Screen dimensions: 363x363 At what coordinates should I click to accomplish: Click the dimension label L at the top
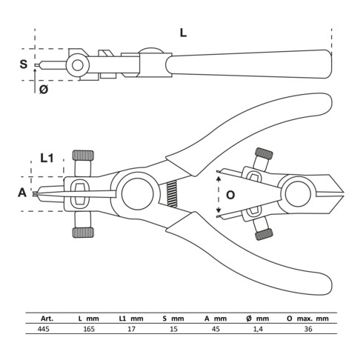click(x=182, y=32)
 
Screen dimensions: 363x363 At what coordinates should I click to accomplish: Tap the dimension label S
click(x=24, y=64)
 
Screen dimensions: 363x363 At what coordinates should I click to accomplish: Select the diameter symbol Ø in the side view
click(x=43, y=90)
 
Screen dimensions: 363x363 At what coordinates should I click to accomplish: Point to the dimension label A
click(x=22, y=193)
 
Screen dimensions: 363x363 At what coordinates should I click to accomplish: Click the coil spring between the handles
click(x=172, y=194)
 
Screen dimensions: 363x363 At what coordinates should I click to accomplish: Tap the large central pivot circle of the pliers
click(x=137, y=194)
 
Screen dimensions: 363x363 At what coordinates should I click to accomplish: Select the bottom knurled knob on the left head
click(x=83, y=232)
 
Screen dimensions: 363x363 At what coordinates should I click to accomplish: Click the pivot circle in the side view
click(x=76, y=66)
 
